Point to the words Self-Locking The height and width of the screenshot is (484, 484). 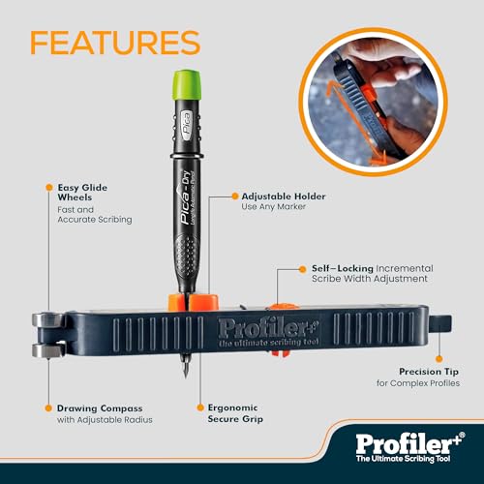[336, 267]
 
